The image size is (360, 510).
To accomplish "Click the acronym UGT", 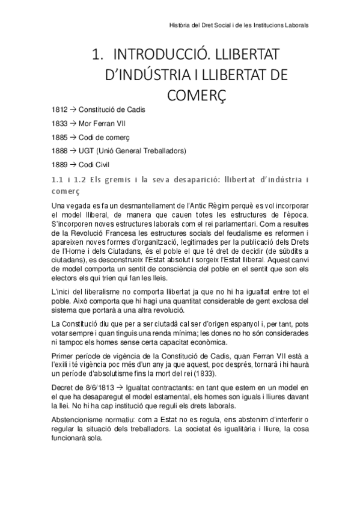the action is click(x=87, y=150).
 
